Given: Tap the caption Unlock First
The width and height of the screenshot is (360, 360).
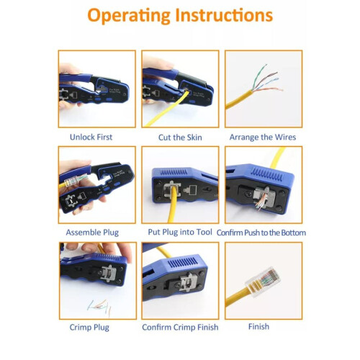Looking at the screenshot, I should pyautogui.click(x=91, y=137).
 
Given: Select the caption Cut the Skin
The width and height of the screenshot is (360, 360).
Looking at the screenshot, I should pyautogui.click(x=179, y=137).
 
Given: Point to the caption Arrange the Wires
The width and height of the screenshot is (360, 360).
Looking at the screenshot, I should pyautogui.click(x=262, y=137).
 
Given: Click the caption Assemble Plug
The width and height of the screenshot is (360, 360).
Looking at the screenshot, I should pyautogui.click(x=92, y=232).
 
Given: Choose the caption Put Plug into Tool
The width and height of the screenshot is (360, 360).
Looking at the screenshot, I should pyautogui.click(x=179, y=232).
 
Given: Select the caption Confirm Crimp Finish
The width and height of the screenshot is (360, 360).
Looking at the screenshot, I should pyautogui.click(x=179, y=327).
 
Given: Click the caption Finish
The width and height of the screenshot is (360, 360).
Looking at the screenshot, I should pyautogui.click(x=258, y=327).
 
